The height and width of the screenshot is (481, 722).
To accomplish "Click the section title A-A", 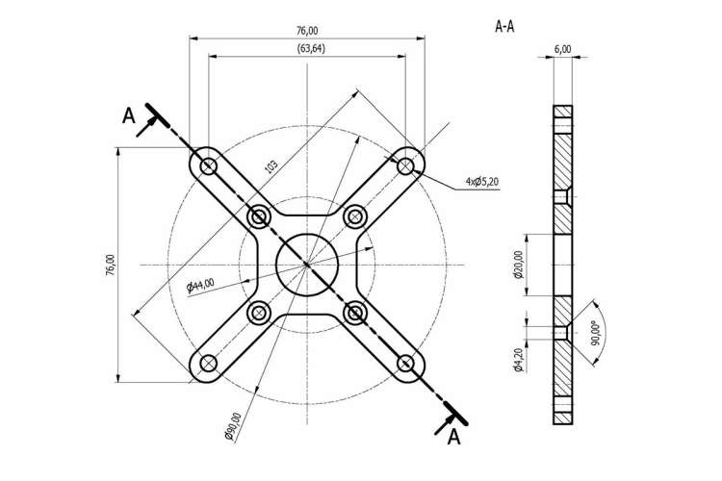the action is click(504, 27).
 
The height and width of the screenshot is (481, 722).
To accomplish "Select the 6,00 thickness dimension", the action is click(563, 49).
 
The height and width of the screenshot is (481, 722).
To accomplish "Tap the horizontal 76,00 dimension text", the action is click(307, 31).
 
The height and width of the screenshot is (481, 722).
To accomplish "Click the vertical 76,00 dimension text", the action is click(111, 265).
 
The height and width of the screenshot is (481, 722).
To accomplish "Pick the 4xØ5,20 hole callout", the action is click(481, 182).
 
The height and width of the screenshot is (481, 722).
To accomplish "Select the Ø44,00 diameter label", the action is click(201, 286).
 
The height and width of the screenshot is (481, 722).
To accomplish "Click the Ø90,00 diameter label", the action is click(233, 427).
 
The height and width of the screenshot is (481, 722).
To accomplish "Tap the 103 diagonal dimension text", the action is click(271, 166).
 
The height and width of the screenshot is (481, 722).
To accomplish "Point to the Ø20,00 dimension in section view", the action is click(519, 265).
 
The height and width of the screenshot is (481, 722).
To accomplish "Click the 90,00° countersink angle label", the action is click(596, 333).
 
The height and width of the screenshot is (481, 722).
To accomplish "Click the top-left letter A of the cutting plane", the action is click(129, 115).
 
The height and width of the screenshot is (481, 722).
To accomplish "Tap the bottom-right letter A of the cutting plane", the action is click(454, 438).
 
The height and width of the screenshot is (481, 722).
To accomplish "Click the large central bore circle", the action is click(307, 234).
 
